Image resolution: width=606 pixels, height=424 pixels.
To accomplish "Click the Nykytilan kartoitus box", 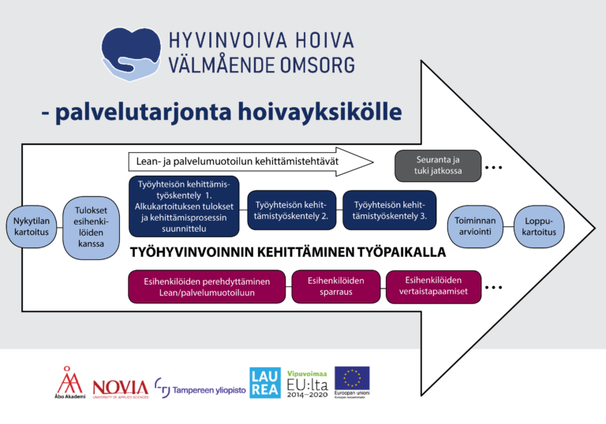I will coord(31,226).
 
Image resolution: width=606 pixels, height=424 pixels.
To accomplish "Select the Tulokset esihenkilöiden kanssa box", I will coord(91,228).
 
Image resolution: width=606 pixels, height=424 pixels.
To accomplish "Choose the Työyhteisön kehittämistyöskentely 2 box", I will coord(291,210).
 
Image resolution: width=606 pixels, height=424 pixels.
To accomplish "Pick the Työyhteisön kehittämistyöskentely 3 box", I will coord(389,210).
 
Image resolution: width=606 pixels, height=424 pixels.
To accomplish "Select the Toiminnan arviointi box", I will coord(474,226).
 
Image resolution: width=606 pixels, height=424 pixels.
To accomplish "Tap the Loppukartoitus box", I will coord(540,226).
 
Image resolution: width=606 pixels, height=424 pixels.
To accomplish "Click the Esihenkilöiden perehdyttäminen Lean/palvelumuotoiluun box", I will coord(207,287).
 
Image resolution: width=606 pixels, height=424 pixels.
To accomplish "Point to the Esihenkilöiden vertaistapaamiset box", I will coord(432,287).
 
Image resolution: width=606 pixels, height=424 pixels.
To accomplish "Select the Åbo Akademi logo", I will coord(71,382).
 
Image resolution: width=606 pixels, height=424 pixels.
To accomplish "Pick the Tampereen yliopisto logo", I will coord(198,386).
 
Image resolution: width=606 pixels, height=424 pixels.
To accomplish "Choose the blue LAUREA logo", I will coord(264,382).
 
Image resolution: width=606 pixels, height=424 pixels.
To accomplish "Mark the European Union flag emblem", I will coord(352,379).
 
